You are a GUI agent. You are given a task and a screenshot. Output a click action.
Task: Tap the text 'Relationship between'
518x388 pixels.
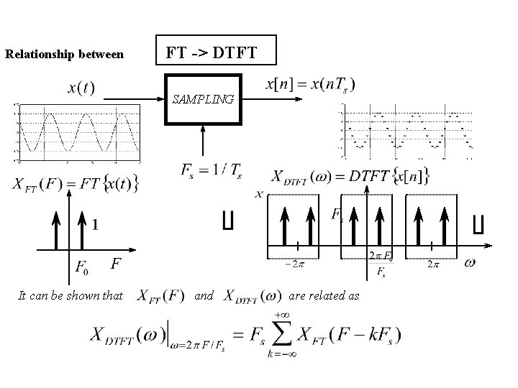pyautogui.click(x=64, y=55)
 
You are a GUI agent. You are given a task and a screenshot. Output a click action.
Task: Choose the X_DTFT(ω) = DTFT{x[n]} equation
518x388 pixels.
pyautogui.click(x=352, y=175)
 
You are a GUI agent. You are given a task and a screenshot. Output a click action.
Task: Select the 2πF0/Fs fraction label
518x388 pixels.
pyautogui.click(x=381, y=263)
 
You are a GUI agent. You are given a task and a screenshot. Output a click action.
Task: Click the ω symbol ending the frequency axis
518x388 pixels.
pyautogui.click(x=469, y=263)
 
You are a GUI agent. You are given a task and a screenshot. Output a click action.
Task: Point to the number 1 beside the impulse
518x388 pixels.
pyautogui.click(x=95, y=224)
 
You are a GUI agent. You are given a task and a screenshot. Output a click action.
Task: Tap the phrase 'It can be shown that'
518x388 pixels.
pyautogui.click(x=71, y=295)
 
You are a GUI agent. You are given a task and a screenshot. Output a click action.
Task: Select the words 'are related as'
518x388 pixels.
pyautogui.click(x=324, y=295)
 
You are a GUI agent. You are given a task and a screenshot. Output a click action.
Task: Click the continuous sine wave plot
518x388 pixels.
pyautogui.click(x=79, y=131)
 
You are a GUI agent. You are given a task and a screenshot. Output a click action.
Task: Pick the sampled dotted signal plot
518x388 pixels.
pyautogui.click(x=406, y=132)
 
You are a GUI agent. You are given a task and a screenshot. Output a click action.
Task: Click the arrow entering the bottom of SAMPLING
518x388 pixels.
pyautogui.click(x=206, y=140)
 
